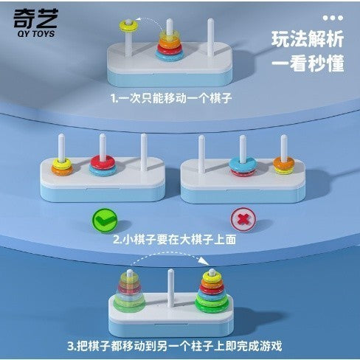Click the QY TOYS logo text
coord(36,33)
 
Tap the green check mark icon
coord(105,221)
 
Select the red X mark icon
coord(243,219)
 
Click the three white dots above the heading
coord(333,18)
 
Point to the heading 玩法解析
coord(308,39)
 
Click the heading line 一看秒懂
coord(308,63)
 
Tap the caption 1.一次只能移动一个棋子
coord(171,98)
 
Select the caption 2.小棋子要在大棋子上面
coord(174,239)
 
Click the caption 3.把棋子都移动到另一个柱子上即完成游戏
coord(175,346)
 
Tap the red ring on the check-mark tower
coord(103,162)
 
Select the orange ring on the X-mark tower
coord(284,162)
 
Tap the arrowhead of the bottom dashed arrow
coord(205,261)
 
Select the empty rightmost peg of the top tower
coord(210,38)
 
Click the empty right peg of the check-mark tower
coord(144,152)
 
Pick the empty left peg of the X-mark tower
coord(201,154)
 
